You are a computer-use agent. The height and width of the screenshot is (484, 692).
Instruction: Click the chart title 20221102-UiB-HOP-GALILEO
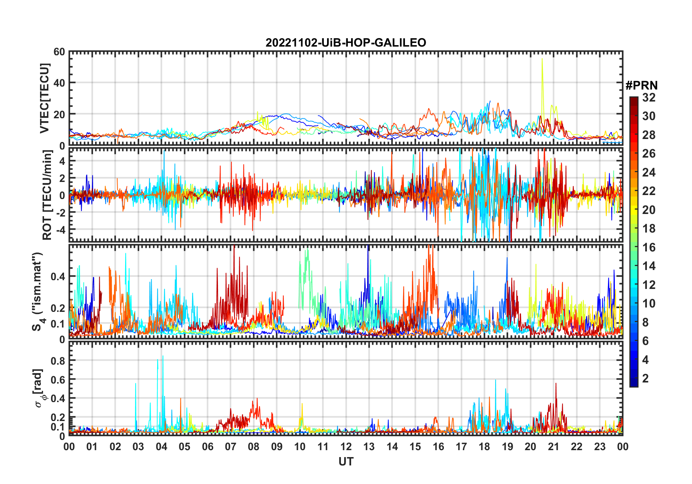coord(346,43)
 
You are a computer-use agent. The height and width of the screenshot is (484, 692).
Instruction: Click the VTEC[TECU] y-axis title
coord(44,99)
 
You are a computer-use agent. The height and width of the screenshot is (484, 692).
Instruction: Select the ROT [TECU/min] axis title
coord(47,195)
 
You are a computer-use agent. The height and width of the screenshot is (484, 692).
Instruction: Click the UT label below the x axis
coord(346,462)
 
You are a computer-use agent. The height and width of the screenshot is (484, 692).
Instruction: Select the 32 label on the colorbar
coord(649,98)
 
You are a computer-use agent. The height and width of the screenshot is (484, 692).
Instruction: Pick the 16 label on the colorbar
coord(649,247)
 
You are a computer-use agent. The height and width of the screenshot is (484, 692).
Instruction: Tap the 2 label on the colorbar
coord(645,378)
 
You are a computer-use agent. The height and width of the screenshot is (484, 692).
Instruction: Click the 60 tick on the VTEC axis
coord(59,52)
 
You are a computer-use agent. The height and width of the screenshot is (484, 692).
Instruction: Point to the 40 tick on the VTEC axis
coord(59,83)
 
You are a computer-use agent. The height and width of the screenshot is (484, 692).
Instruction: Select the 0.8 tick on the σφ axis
coord(58,361)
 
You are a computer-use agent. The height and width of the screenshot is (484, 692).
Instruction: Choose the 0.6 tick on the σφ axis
coord(58,380)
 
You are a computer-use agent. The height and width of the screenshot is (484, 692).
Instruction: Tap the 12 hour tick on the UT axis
coord(346,447)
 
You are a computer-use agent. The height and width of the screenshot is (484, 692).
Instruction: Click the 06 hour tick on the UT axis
coord(207,447)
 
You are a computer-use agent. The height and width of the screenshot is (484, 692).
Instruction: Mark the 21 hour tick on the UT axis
coord(553,447)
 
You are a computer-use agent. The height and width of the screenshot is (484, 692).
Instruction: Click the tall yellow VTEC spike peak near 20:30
coord(542,59)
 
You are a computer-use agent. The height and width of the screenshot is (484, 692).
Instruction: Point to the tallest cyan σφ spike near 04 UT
coord(163,356)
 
